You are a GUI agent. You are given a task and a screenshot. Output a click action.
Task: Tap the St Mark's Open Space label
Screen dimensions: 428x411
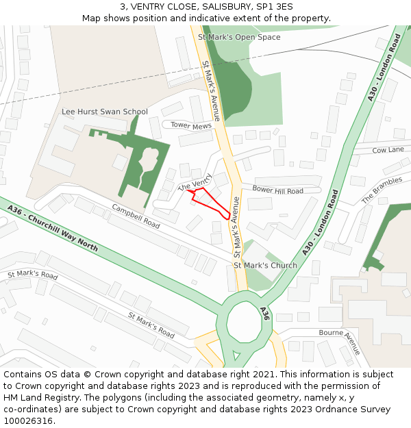(239, 37)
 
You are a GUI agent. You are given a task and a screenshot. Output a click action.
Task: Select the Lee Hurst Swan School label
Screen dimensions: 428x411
(104, 112)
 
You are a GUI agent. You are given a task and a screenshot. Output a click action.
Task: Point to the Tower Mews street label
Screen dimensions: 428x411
(191, 125)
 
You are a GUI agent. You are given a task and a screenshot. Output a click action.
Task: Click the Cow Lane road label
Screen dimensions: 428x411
(388, 150)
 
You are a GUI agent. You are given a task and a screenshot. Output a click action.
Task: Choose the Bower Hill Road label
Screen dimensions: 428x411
(277, 189)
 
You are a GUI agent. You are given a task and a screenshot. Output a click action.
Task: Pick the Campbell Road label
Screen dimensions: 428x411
(136, 216)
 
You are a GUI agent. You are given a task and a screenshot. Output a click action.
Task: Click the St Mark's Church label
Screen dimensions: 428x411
(265, 266)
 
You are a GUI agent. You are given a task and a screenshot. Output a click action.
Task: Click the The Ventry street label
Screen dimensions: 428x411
(195, 182)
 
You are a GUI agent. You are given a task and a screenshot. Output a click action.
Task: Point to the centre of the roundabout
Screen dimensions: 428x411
(245, 322)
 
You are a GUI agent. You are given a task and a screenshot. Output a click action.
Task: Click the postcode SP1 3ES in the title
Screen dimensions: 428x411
(276, 7)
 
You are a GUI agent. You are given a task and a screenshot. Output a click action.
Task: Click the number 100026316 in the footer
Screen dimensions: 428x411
(28, 420)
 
